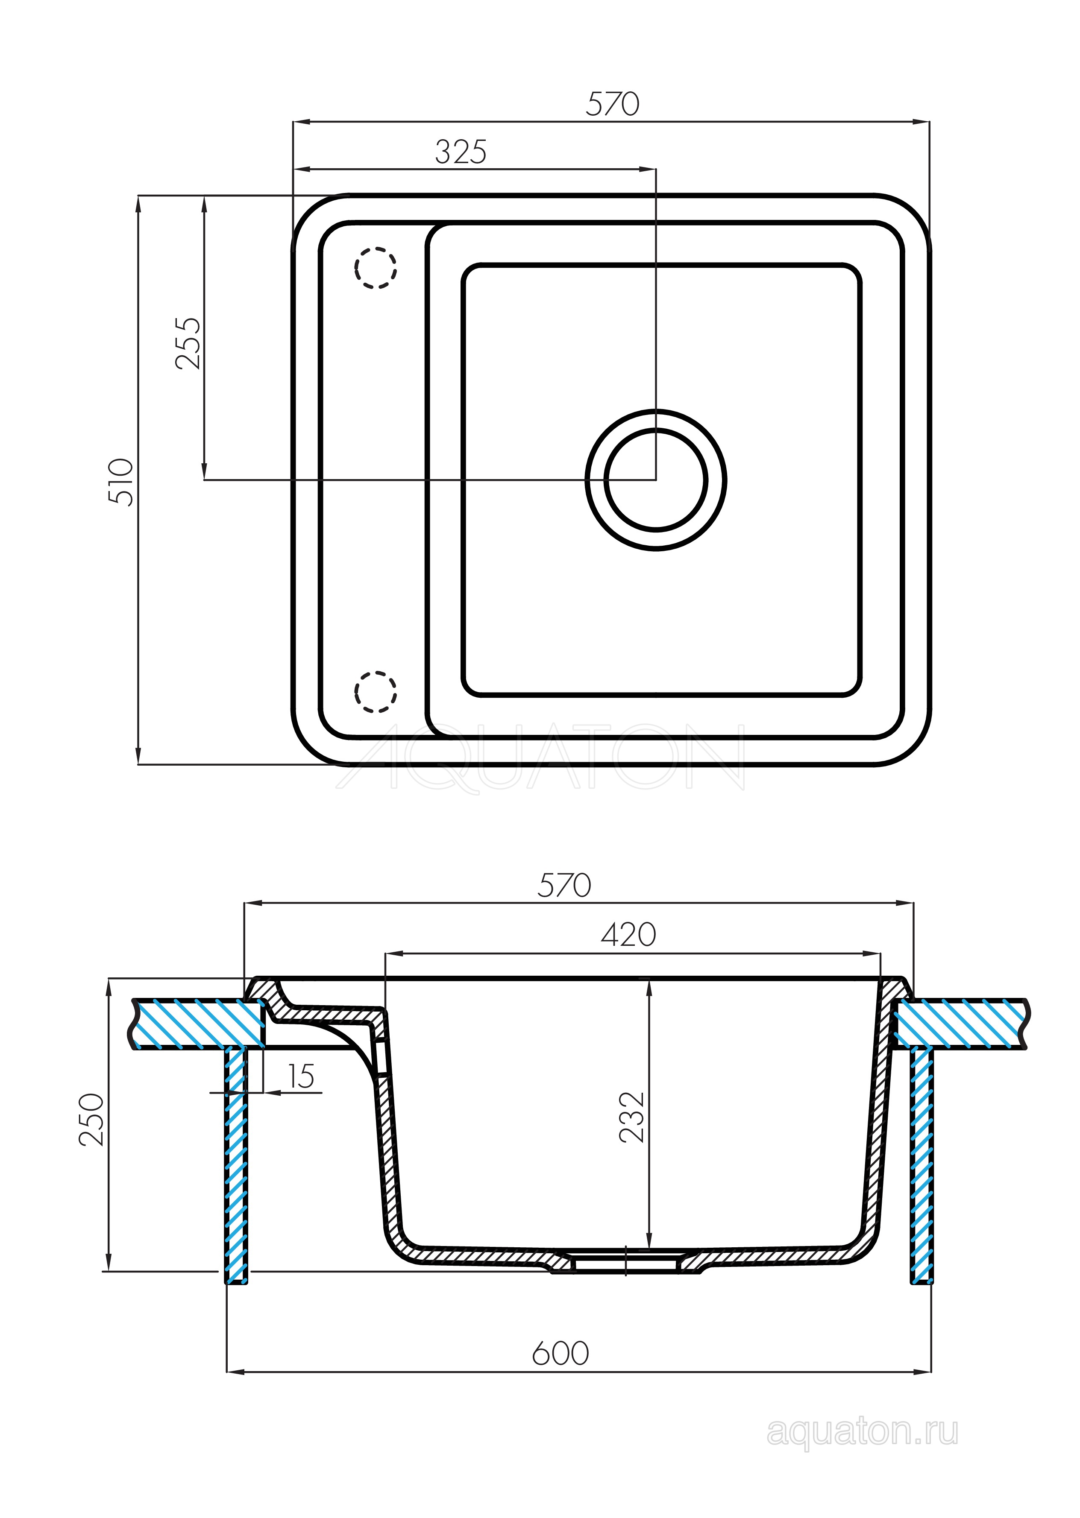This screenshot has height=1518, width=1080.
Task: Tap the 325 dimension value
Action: click(x=461, y=152)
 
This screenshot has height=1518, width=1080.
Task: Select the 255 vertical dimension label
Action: click(x=188, y=343)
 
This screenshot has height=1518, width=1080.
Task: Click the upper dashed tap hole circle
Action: click(x=376, y=268)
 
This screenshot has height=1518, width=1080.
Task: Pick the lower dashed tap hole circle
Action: click(x=376, y=691)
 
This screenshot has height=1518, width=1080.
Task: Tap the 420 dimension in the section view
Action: click(x=628, y=934)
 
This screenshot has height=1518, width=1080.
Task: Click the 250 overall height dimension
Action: click(x=92, y=1120)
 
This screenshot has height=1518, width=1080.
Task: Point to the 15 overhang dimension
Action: click(x=301, y=1076)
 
